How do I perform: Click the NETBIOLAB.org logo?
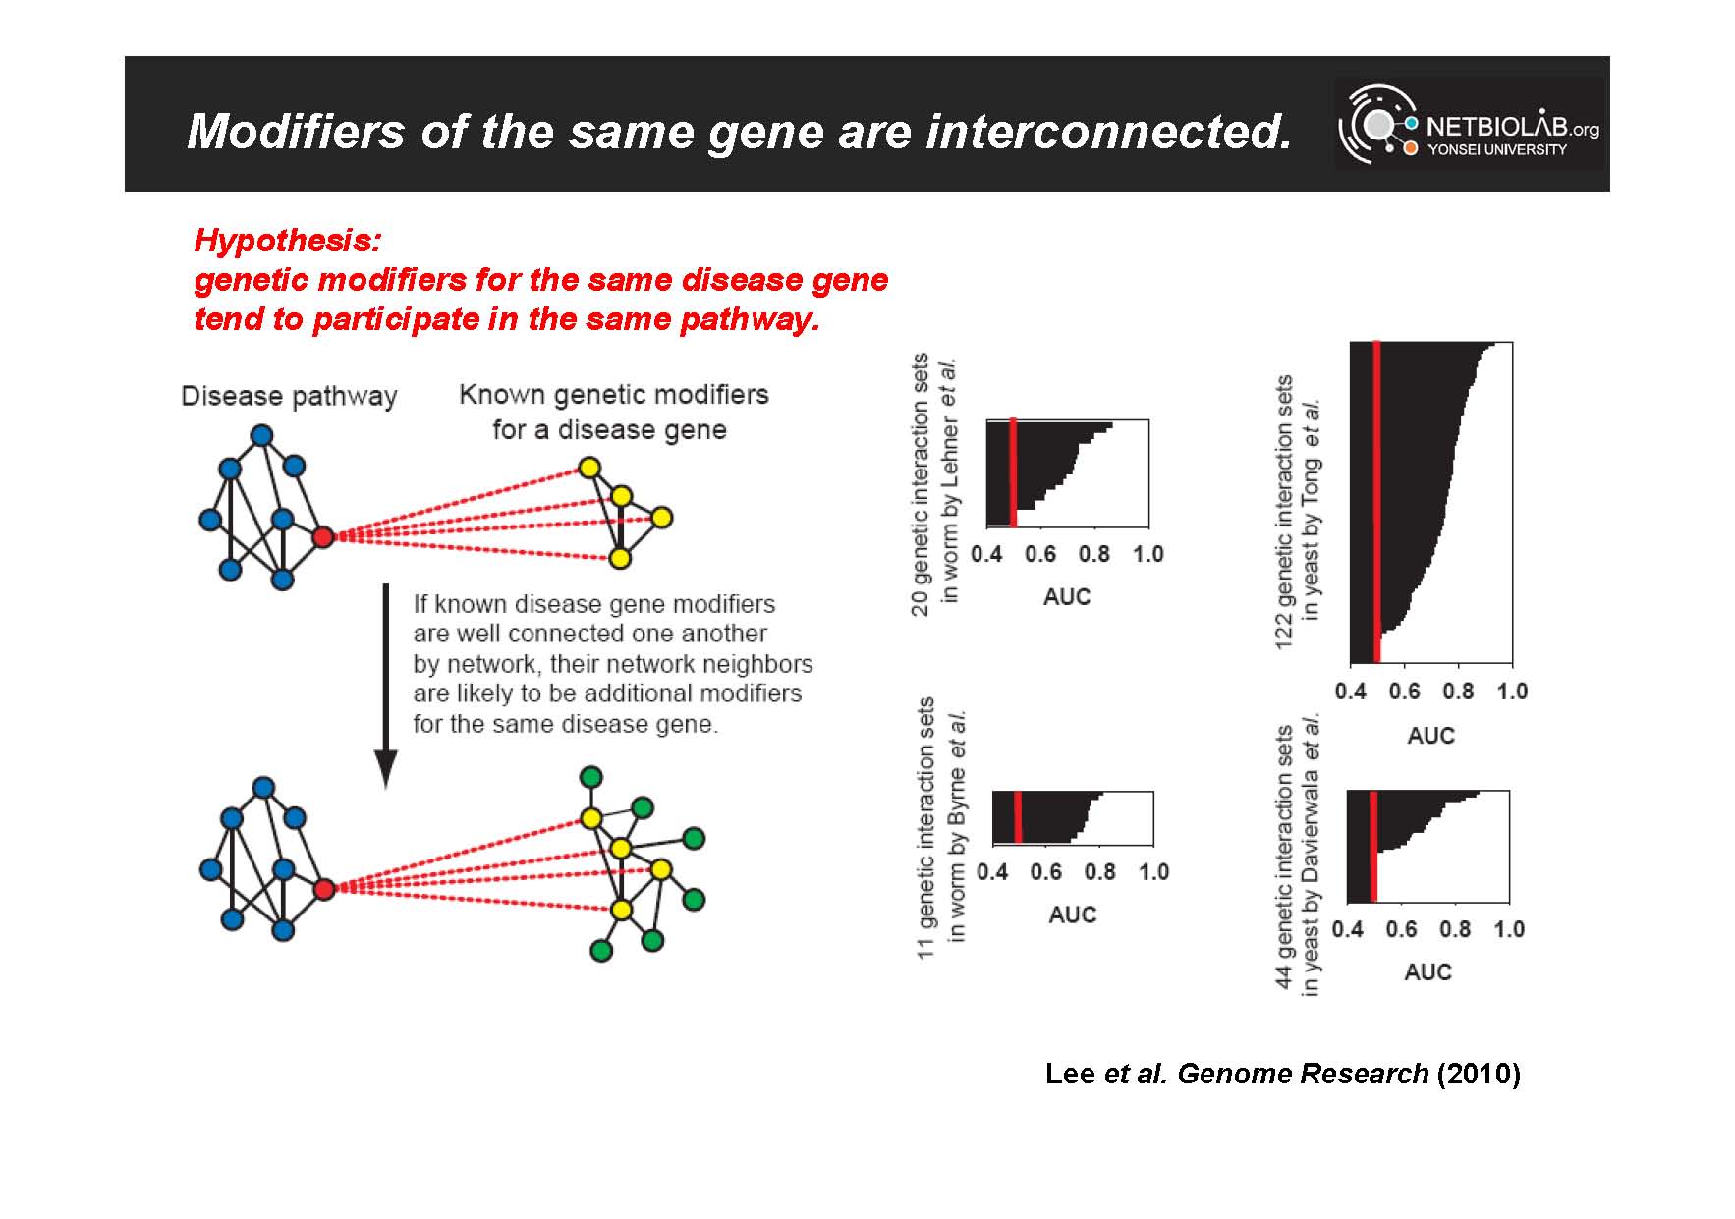point(1469,125)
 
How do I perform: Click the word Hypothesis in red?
point(287,241)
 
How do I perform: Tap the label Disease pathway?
point(290,396)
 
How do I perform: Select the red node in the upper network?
point(323,536)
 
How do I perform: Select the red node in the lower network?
point(324,889)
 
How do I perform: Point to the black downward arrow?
point(386,687)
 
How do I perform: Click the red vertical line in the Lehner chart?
point(1013,471)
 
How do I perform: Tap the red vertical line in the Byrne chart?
point(1018,816)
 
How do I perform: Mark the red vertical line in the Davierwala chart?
point(1372,846)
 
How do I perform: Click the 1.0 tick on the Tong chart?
point(1512,692)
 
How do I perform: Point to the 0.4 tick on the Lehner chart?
point(986,554)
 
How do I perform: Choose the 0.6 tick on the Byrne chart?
point(1046,871)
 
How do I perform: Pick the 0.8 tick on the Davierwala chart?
point(1455,929)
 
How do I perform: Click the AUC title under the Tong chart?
point(1430,736)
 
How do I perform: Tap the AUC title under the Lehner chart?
point(1067,596)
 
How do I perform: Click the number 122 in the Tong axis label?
point(1284,628)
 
